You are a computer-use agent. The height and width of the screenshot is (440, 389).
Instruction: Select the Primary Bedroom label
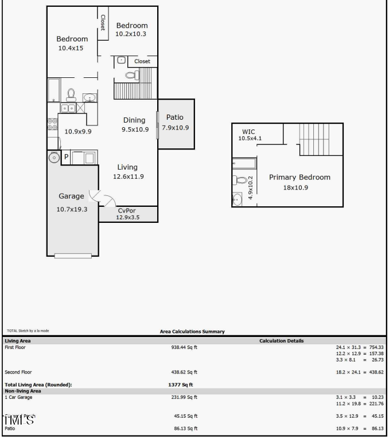[299, 177]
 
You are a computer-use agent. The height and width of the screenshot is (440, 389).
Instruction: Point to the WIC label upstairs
[248, 131]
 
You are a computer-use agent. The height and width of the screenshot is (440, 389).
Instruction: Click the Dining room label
[135, 120]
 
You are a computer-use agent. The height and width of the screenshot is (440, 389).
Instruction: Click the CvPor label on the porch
[126, 210]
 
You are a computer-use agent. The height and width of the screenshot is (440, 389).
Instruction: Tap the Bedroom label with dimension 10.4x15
[72, 39]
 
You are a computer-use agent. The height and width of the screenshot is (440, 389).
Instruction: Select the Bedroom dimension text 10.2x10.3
[132, 34]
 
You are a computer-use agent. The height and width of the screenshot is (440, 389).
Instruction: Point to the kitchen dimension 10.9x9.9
[78, 131]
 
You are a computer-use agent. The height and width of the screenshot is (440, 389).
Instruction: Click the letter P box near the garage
[66, 157]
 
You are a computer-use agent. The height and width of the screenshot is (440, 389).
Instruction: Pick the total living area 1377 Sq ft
[180, 384]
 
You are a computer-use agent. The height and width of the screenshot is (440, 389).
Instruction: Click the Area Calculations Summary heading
[192, 332]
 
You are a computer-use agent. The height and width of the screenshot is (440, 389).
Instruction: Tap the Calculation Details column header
[281, 341]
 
